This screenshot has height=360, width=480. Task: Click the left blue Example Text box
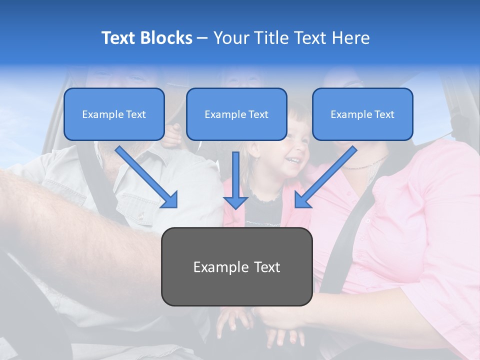point(114,114)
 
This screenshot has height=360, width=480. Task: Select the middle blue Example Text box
point(236,114)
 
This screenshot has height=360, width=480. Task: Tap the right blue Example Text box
point(362,114)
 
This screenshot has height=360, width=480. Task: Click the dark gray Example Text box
point(236,266)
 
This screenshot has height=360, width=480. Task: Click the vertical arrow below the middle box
point(235,180)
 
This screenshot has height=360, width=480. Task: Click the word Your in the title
point(230,38)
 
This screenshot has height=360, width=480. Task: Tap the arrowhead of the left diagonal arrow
point(170,200)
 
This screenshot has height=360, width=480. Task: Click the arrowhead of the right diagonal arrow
point(301,200)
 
